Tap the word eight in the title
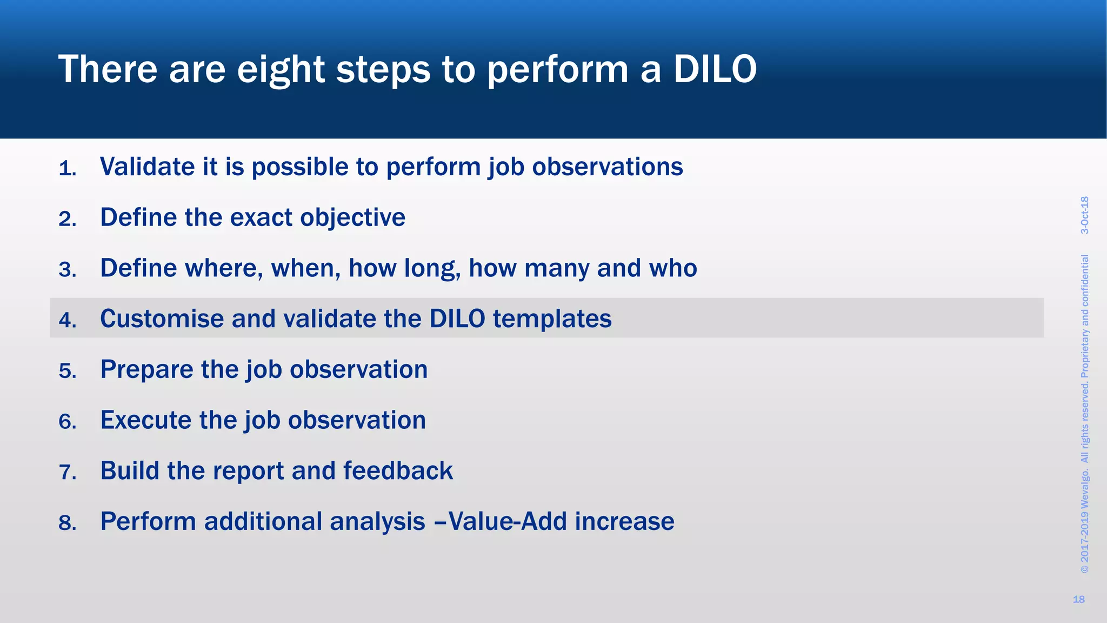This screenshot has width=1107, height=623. [x=281, y=70]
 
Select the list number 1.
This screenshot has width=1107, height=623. [x=67, y=169]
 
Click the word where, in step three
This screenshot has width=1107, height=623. [x=224, y=268]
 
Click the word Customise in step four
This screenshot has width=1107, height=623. [x=162, y=319]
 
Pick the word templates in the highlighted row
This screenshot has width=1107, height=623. [x=552, y=319]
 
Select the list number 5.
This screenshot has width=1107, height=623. [x=67, y=371]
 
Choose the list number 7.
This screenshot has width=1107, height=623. [x=67, y=472]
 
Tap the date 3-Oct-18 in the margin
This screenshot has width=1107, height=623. [x=1084, y=215]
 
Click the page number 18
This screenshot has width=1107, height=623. [x=1078, y=599]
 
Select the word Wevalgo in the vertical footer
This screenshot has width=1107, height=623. [x=1084, y=490]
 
